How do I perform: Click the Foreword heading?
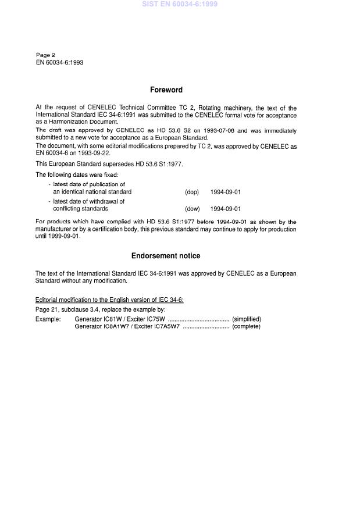[166, 90]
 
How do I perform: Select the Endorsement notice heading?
[166, 256]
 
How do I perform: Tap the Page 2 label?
[45, 55]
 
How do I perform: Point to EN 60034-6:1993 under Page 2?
[59, 62]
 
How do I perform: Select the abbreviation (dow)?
[193, 209]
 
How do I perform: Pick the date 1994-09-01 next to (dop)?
[226, 192]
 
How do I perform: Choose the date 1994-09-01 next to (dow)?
[226, 209]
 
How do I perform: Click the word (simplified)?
[247, 319]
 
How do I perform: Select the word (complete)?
[246, 326]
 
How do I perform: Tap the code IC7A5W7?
[167, 326]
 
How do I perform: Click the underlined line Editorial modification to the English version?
[109, 299]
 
